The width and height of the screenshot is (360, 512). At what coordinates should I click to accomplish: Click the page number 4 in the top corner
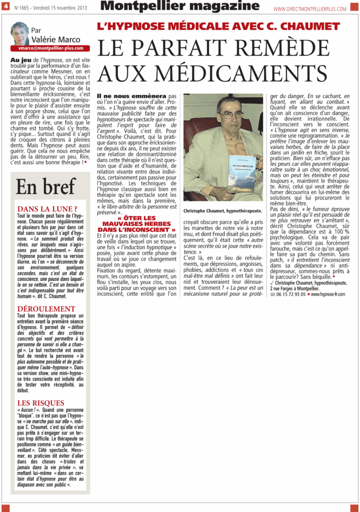pos(5,7)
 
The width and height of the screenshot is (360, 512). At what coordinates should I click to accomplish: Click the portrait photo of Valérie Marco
pos(20,33)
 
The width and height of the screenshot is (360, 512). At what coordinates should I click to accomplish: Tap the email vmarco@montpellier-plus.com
pos(50,48)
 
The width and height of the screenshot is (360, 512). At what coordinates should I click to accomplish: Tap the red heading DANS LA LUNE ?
pos(47,208)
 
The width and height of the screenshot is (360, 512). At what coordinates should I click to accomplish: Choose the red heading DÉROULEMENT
pos(46,309)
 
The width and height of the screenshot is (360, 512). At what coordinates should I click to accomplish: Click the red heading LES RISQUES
pos(41,402)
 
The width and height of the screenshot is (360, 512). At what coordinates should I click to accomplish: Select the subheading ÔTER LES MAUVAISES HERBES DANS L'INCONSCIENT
pos(136,223)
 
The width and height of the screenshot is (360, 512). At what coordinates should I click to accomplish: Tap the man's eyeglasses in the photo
pos(230,114)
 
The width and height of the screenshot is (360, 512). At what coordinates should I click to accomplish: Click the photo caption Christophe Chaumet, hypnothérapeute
pos(222,211)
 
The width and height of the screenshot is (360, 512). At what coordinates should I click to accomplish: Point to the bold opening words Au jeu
pos(21,59)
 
